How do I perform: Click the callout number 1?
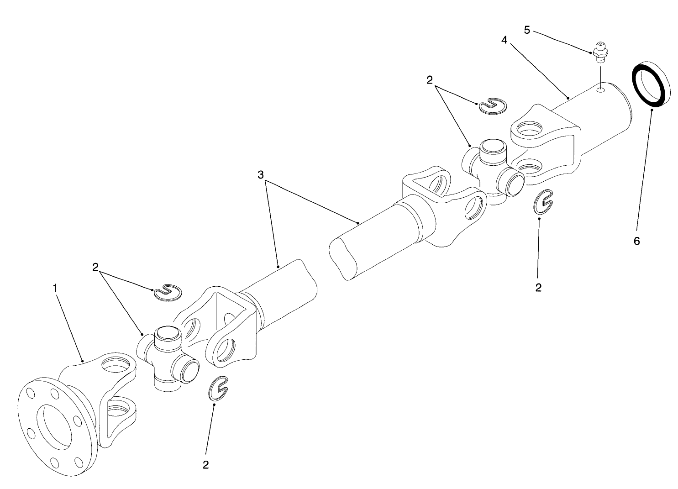pyautogui.click(x=55, y=288)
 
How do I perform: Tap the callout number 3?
pyautogui.click(x=261, y=175)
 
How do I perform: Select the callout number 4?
pyautogui.click(x=504, y=40)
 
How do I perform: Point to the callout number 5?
pyautogui.click(x=527, y=30)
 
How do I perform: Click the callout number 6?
pyautogui.click(x=636, y=241)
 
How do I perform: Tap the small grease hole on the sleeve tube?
pyautogui.click(x=602, y=90)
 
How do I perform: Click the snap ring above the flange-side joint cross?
pyautogui.click(x=168, y=292)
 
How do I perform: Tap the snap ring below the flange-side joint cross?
pyautogui.click(x=219, y=389)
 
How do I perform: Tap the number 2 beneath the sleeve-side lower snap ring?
pyautogui.click(x=538, y=288)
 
